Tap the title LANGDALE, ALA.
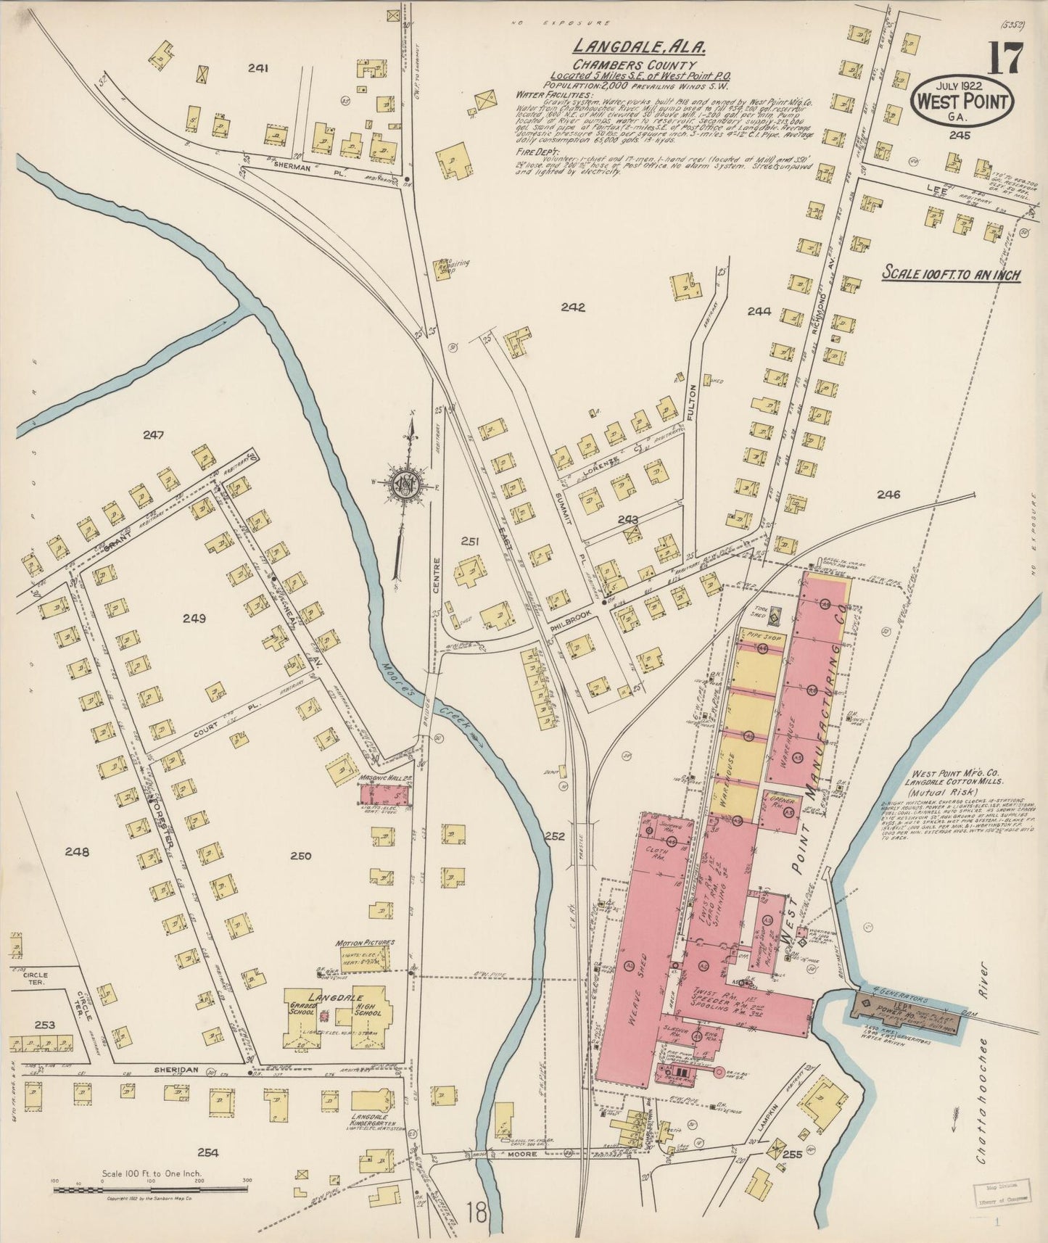(640, 46)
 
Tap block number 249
(194, 619)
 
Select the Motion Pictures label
(365, 943)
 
